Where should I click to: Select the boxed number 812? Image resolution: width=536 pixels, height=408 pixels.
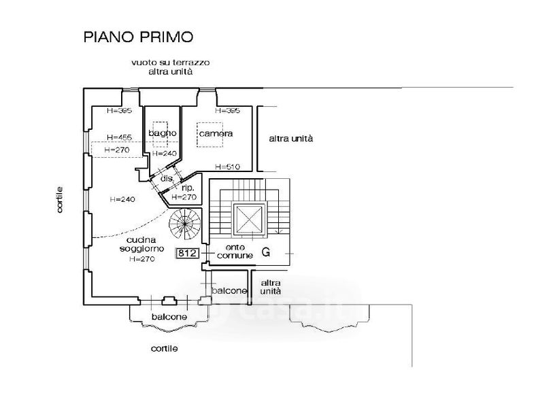tap(187, 254)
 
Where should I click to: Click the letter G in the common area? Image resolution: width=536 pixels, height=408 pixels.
tap(266, 252)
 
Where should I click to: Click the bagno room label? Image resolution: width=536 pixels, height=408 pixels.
tap(163, 133)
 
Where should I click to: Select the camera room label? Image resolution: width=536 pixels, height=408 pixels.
tap(216, 133)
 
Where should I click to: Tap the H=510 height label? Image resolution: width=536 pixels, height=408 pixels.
tap(227, 166)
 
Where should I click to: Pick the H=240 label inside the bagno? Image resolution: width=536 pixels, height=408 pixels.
tap(164, 154)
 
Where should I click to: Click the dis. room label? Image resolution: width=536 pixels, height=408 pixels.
tap(165, 178)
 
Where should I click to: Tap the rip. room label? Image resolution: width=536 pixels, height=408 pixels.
tap(188, 187)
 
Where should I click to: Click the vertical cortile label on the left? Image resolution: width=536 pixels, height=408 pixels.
tap(61, 201)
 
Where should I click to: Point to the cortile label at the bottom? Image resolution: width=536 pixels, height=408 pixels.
tap(164, 348)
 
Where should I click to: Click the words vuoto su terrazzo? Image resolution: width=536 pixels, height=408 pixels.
tap(171, 63)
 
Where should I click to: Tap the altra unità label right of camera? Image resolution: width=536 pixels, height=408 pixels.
tap(291, 139)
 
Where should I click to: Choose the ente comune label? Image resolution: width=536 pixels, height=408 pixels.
tap(235, 251)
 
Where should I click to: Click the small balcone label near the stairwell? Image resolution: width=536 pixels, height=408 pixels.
tap(229, 290)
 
